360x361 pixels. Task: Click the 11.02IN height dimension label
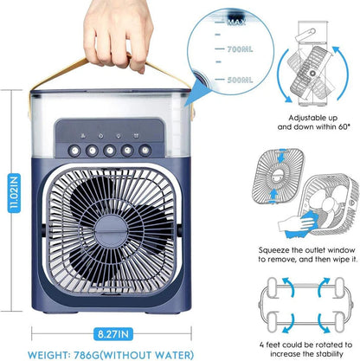(x=14, y=193)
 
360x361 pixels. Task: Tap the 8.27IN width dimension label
(x=113, y=334)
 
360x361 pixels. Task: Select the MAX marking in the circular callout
(x=236, y=22)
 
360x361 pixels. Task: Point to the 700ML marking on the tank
(x=240, y=49)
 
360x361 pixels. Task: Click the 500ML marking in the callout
(x=240, y=80)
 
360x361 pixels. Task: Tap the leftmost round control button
(x=74, y=151)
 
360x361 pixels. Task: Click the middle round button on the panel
(x=110, y=151)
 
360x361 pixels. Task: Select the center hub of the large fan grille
(x=112, y=231)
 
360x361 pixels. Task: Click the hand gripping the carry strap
(x=118, y=35)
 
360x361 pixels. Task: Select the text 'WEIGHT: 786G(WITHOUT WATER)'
(x=111, y=355)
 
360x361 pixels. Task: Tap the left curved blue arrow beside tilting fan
(x=283, y=75)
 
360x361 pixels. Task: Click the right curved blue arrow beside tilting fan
(x=341, y=73)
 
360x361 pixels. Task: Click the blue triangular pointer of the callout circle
(x=196, y=91)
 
